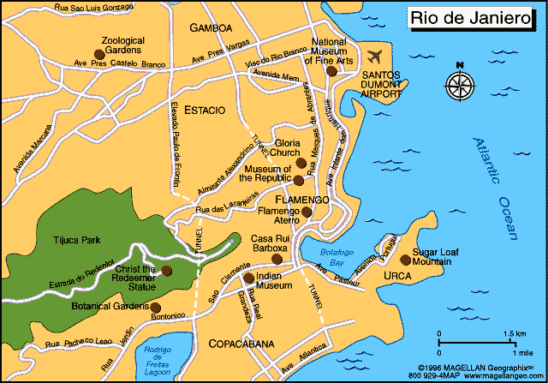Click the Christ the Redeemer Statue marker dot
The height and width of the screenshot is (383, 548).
(168, 271)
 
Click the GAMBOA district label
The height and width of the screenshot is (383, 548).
(211, 28)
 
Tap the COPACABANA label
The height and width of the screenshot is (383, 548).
(241, 344)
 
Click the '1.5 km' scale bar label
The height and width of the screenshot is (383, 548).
(514, 333)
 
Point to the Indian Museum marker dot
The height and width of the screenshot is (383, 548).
(248, 278)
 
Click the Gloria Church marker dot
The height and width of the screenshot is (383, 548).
(301, 163)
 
